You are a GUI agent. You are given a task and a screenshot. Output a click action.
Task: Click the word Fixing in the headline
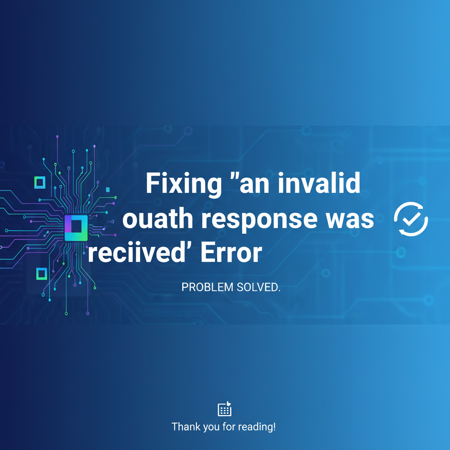[184, 184]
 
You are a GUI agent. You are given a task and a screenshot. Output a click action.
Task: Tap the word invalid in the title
[319, 183]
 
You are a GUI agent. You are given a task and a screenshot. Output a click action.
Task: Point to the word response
[259, 221]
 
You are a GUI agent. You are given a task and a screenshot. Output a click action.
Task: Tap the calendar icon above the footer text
[225, 409]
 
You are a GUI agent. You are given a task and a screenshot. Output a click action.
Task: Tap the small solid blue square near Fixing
[108, 189]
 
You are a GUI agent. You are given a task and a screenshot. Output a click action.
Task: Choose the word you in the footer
[212, 428]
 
